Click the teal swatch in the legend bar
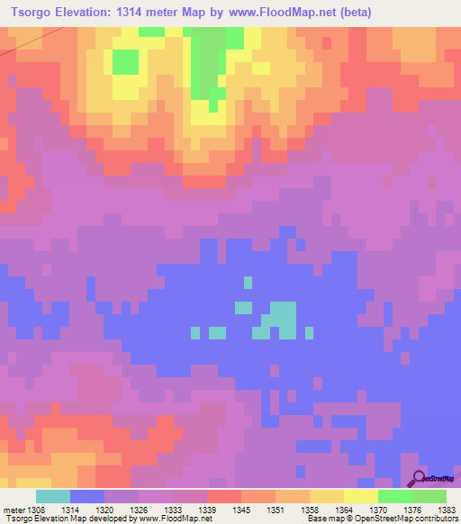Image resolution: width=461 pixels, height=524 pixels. (53, 496)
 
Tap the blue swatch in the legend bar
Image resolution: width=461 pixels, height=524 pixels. (87, 496)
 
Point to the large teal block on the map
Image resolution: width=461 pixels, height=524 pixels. (283, 317)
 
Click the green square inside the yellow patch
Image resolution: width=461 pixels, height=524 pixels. (125, 62)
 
